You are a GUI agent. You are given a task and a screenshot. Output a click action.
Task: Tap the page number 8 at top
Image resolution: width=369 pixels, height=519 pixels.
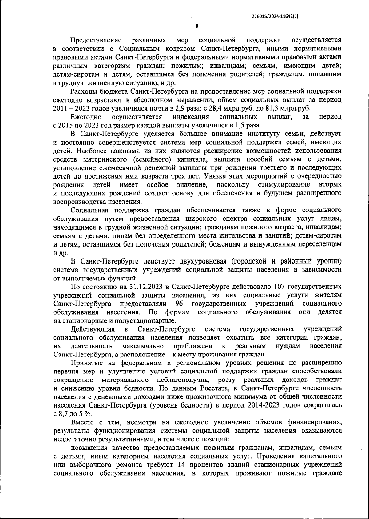(197, 27)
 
